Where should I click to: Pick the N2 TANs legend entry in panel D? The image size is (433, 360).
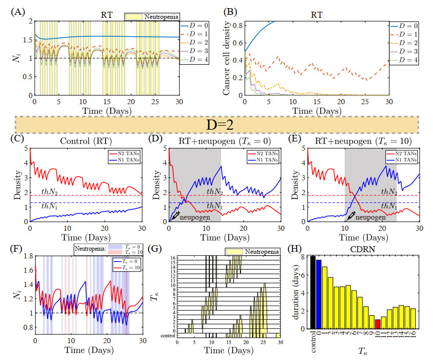point(261,154)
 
